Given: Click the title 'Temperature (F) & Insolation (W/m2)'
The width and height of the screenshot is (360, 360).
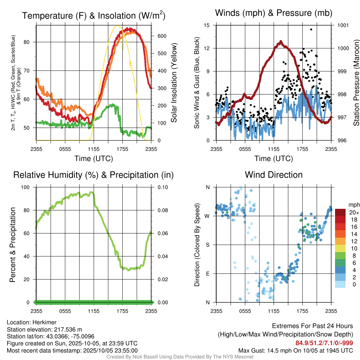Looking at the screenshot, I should coord(94,15).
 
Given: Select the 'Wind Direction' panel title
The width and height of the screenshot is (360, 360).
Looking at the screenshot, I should coord(274,175).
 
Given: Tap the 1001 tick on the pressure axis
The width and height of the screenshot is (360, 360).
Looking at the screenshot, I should coord(342,25).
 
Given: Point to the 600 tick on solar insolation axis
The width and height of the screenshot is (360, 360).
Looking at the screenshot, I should coord(162,36).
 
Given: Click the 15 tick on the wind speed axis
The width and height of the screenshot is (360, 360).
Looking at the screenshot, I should coord(207,25).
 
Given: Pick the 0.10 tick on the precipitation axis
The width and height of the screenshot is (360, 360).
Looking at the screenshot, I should coord(162,187).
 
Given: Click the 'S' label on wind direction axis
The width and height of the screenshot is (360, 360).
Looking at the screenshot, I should coord(207,245).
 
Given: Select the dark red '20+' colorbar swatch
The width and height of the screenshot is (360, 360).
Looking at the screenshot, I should coord(340,212).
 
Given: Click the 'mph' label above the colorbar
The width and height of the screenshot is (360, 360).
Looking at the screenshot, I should coord(353,205).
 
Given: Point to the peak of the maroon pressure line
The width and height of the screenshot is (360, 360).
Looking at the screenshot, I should coord(281,41).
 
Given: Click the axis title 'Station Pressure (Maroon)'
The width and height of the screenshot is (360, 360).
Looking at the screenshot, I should coord(356,83).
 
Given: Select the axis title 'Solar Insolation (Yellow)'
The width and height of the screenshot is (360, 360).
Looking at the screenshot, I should coord(174,83).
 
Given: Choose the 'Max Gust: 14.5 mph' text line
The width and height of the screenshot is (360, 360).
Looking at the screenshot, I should coord(296,350).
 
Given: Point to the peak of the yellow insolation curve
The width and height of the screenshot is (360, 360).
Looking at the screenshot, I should coord(118,26).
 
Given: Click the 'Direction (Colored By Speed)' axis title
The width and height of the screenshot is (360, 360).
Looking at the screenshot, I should coord(197,245).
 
